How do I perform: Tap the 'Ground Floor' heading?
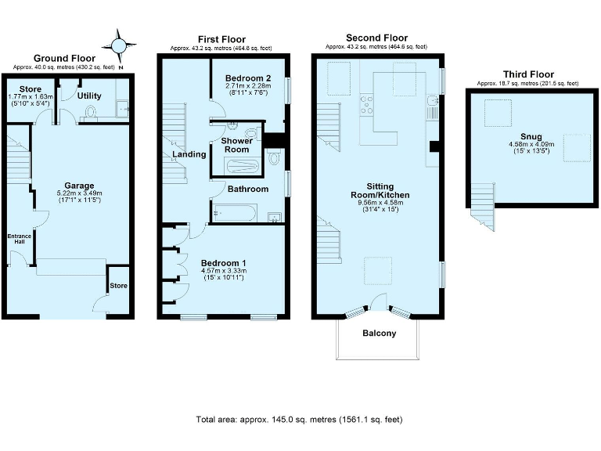tap(64, 58)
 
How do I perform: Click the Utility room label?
tap(90, 95)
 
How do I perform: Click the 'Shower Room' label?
tap(237, 145)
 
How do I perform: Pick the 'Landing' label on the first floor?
tap(189, 154)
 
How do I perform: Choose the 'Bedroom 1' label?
tap(223, 262)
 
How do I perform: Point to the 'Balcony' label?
tap(379, 333)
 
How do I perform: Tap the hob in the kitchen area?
tap(366, 104)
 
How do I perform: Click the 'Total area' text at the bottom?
tap(300, 420)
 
